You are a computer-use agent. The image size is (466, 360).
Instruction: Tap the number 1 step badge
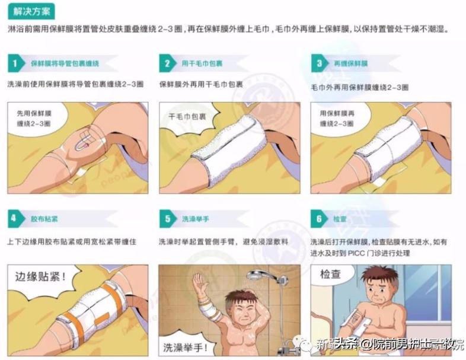(x=16, y=63)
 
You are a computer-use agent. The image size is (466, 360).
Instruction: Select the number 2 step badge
(x=168, y=63)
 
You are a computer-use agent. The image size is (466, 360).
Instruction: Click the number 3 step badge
(x=320, y=63)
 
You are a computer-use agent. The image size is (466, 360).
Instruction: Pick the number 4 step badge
(x=16, y=219)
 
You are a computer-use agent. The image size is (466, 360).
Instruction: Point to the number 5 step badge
(x=168, y=219)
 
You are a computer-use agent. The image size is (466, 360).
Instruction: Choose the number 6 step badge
(x=320, y=219)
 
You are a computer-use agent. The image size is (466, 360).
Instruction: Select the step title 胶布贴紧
(x=42, y=219)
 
